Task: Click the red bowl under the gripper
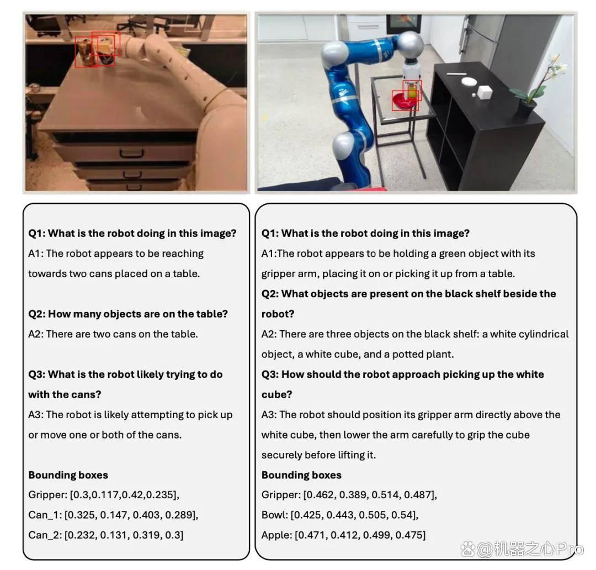pos(403,101)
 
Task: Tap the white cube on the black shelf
pos(485,92)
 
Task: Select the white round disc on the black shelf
pos(469,81)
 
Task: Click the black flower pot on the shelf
pos(526,108)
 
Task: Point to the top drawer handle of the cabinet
pos(131,154)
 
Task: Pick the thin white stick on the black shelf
pos(456,74)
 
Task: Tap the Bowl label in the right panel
pos(274,515)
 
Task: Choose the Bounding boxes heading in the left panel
pos(68,475)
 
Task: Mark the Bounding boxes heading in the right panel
pos(301,475)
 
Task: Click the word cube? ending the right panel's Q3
pos(276,394)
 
